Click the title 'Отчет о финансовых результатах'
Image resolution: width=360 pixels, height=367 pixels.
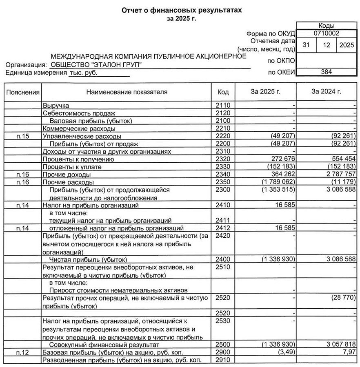tap(182, 11)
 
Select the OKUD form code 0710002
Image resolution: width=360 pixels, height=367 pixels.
tap(327, 33)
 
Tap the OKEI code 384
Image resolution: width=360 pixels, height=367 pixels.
tap(327, 72)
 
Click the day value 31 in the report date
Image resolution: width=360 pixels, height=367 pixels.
tap(306, 45)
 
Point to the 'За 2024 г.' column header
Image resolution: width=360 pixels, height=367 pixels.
tap(326, 92)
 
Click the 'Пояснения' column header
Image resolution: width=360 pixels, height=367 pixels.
tap(23, 92)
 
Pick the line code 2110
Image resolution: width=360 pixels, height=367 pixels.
tap(223, 106)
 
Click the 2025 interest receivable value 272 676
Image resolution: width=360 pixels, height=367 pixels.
tap(280, 159)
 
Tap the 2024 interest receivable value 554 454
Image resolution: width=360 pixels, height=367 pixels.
tap(341, 159)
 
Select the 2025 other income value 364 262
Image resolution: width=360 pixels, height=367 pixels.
tap(280, 175)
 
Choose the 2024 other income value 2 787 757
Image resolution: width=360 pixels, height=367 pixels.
tap(338, 175)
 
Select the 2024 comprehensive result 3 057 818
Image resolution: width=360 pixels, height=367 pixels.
tap(338, 345)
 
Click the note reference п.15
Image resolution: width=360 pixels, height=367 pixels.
tap(23, 136)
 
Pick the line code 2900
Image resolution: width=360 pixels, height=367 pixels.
tap(223, 352)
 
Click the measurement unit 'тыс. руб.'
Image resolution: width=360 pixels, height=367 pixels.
tap(84, 73)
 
